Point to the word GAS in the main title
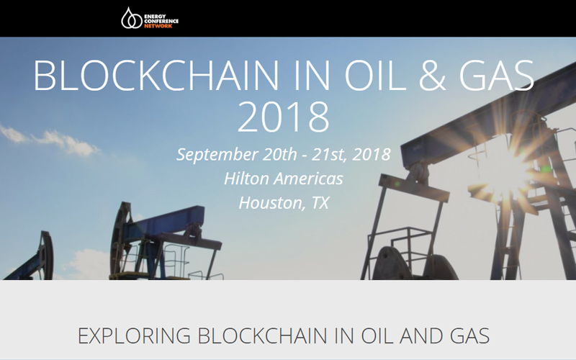click(497, 76)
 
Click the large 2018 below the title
click(284, 117)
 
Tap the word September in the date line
click(217, 155)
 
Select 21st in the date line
click(329, 154)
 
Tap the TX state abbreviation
click(320, 203)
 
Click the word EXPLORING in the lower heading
click(134, 336)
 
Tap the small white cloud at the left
click(50, 140)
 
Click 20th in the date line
click(280, 154)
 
